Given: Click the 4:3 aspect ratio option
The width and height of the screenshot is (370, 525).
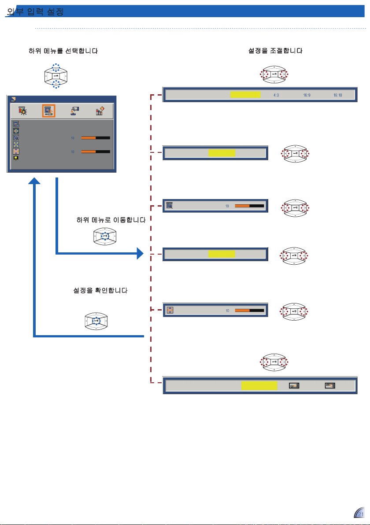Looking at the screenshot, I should [x=276, y=95].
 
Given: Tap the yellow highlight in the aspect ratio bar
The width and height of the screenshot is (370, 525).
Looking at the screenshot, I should [x=246, y=95].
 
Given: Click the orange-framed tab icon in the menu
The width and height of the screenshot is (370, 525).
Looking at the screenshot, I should [x=48, y=111].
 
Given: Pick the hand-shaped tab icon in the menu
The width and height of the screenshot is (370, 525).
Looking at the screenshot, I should [x=74, y=111].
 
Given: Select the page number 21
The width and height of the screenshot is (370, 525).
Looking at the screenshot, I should [x=361, y=514].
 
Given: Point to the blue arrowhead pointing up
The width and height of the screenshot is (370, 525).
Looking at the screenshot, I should [x=34, y=182].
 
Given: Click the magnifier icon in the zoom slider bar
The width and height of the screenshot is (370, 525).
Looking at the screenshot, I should [x=170, y=205].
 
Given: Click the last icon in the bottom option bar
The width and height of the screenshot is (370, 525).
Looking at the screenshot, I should [x=330, y=385].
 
